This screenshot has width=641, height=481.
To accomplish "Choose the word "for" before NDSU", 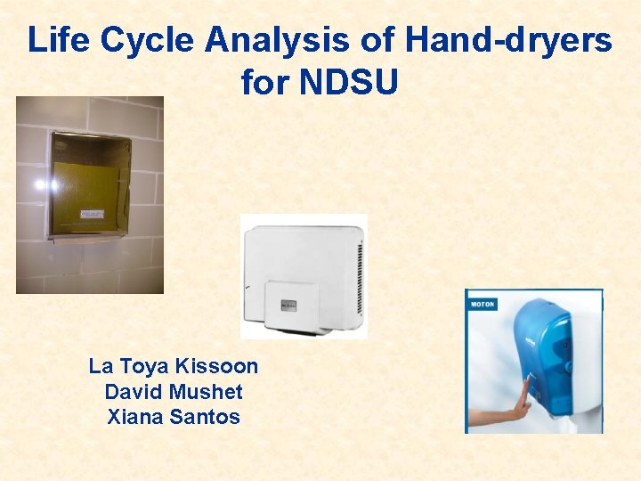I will pyautogui.click(x=265, y=83).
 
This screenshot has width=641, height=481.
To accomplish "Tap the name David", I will pyautogui.click(x=132, y=391).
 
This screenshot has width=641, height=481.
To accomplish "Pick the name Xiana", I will pyautogui.click(x=134, y=416).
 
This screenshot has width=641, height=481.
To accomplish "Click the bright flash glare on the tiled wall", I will pyautogui.click(x=40, y=185).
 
